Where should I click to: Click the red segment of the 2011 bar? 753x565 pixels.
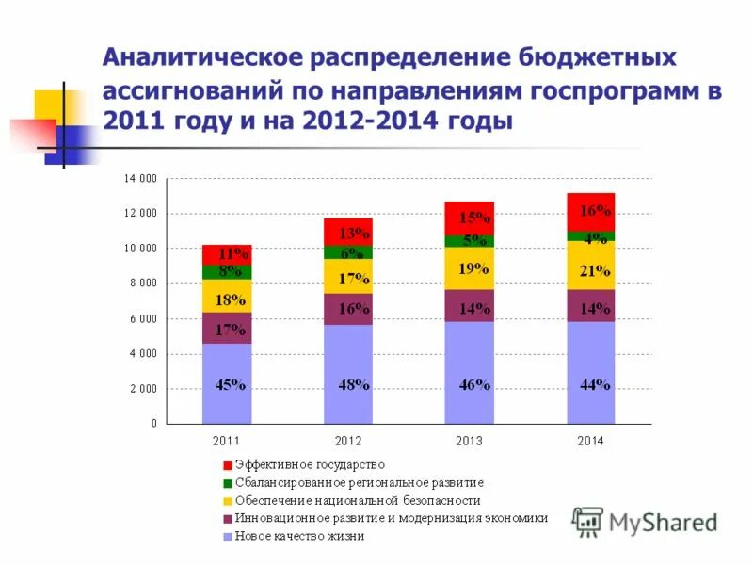click(227, 254)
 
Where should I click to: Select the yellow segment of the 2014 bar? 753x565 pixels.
click(590, 265)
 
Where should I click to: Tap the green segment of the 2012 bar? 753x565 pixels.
click(348, 252)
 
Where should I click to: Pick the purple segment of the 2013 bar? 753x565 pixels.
click(470, 306)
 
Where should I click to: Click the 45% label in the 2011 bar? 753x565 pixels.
click(231, 384)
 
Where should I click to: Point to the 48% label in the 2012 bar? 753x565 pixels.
click(354, 384)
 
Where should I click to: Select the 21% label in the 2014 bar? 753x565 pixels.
click(594, 271)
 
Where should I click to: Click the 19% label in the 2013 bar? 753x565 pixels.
click(473, 268)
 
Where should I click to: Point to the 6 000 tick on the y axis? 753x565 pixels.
click(144, 318)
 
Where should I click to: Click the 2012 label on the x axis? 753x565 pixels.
click(348, 441)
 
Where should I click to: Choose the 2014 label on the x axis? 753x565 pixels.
click(590, 441)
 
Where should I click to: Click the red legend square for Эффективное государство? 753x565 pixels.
click(227, 464)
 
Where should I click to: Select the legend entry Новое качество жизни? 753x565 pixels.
click(299, 536)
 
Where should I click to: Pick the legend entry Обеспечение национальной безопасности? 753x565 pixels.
click(358, 500)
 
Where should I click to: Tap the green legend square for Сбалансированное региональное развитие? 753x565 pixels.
click(227, 482)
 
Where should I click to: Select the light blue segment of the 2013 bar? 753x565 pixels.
click(470, 373)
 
